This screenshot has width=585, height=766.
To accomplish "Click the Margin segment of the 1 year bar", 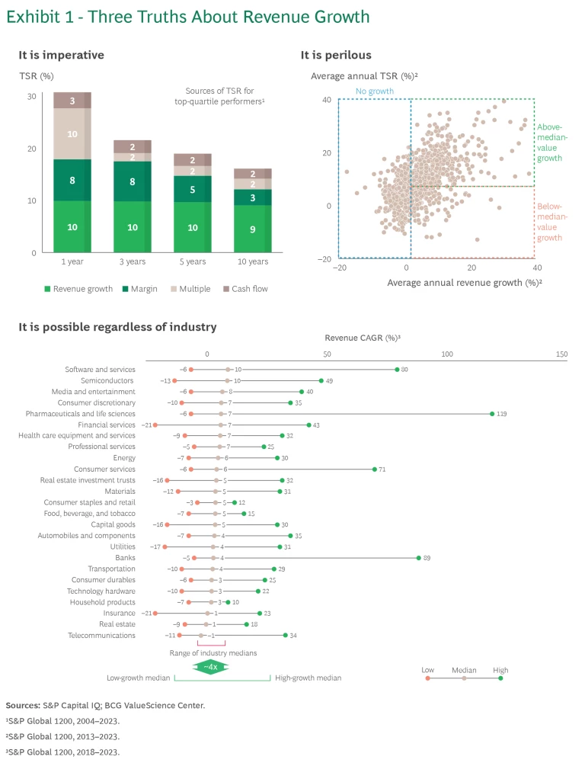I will tap(72, 181).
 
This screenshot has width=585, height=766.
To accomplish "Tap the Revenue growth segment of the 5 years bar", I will tap(192, 227).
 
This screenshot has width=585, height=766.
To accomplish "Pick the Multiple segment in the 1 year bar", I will tap(72, 134).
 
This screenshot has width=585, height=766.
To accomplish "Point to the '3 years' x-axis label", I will tap(132, 262).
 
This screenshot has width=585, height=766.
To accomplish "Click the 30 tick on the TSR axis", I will tap(31, 96).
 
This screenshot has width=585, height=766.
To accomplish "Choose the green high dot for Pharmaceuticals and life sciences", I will tap(492, 414).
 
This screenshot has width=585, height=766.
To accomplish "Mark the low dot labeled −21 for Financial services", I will tap(155, 425).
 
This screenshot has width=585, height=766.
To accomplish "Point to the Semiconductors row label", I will tap(107, 380).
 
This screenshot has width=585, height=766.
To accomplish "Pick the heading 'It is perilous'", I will tap(336, 55).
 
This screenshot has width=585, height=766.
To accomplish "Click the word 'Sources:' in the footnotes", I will tap(23, 706).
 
